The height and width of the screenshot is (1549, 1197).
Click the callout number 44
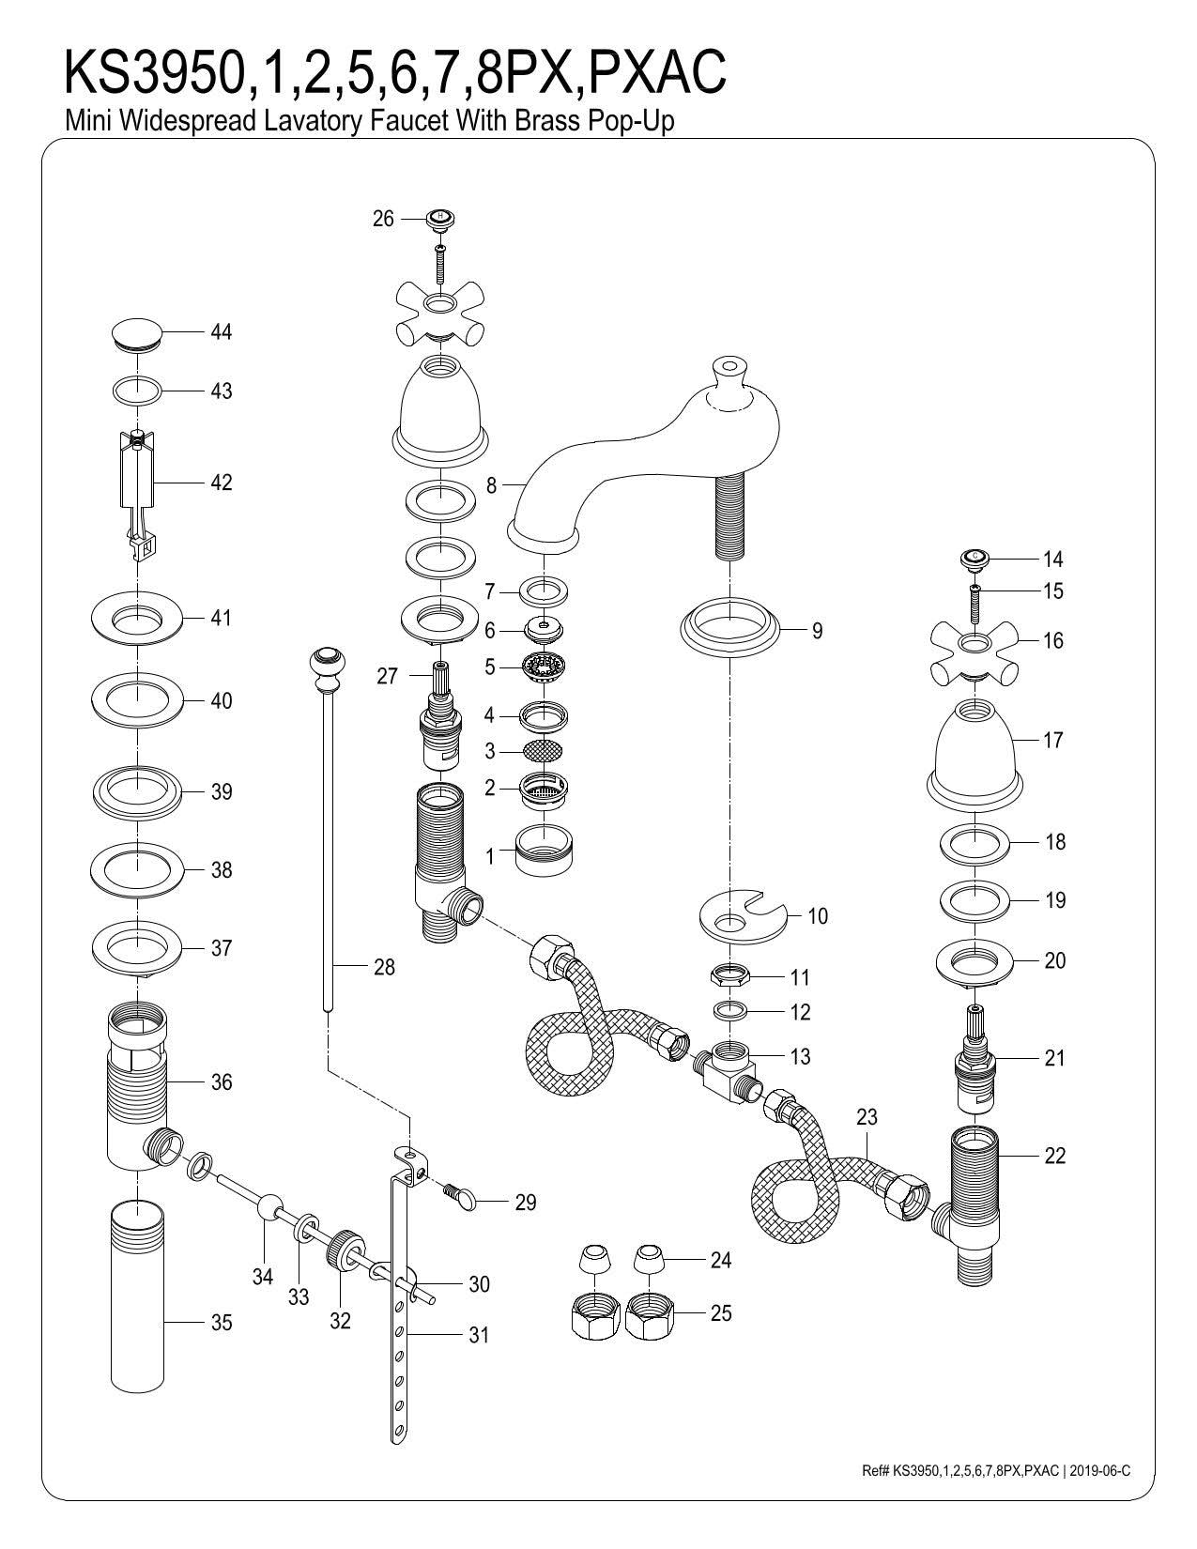[221, 332]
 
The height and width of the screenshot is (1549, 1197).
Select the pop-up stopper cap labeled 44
[137, 334]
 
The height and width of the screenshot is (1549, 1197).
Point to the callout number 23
[867, 1116]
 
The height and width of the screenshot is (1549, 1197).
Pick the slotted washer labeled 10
[741, 915]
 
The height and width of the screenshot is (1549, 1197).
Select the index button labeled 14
[974, 559]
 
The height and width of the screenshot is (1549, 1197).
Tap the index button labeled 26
[439, 220]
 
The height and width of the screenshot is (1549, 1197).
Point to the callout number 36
[221, 1082]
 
